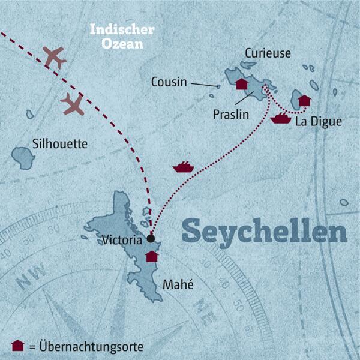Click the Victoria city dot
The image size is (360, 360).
point(151,238)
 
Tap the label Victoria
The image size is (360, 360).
point(123,240)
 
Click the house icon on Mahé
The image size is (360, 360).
point(152,256)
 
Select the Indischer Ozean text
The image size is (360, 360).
point(122,35)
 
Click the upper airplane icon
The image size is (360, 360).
point(55,58)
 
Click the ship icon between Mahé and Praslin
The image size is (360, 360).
point(182,167)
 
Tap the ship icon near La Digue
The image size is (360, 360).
point(280,118)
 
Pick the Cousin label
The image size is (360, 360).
point(170,82)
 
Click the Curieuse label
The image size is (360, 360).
point(268,53)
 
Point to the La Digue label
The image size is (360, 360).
point(319,122)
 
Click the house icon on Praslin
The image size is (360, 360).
point(242,84)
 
